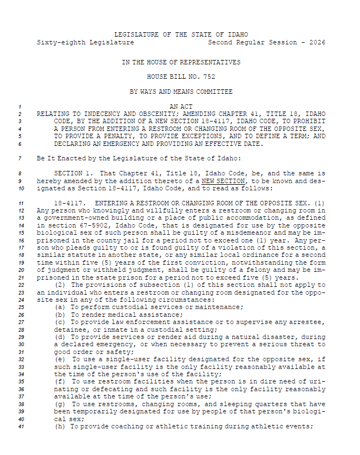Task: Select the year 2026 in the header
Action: click(x=317, y=42)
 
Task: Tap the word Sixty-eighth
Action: click(x=57, y=42)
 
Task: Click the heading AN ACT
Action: click(x=181, y=105)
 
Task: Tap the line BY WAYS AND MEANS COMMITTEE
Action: click(x=181, y=91)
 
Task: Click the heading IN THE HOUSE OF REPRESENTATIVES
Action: click(x=181, y=62)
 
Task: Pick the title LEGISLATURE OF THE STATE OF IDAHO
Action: click(x=181, y=34)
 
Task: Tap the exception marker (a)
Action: click(x=60, y=307)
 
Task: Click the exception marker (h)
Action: click(x=60, y=426)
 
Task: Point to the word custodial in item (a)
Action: click(x=133, y=307)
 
